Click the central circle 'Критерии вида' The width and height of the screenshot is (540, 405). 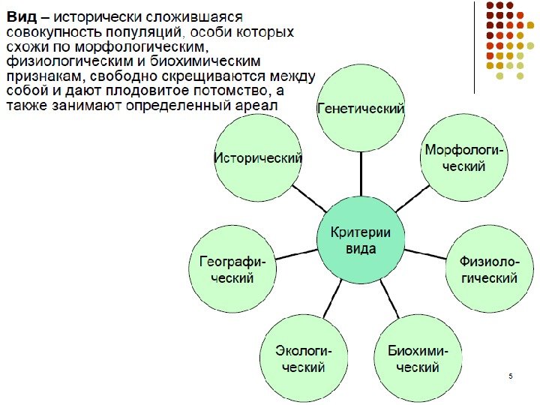(361, 240)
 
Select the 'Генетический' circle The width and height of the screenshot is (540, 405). (361, 109)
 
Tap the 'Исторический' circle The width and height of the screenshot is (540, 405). (259, 158)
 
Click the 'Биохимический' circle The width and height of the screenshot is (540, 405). (418, 359)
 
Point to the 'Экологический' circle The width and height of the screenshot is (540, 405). (300, 359)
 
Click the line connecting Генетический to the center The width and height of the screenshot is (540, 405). (361, 174)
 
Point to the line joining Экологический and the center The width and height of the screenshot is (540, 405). (328, 300)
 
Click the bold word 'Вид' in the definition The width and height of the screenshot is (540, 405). (20, 17)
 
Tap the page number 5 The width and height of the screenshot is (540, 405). (510, 375)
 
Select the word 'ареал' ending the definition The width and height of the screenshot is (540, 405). (256, 106)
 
